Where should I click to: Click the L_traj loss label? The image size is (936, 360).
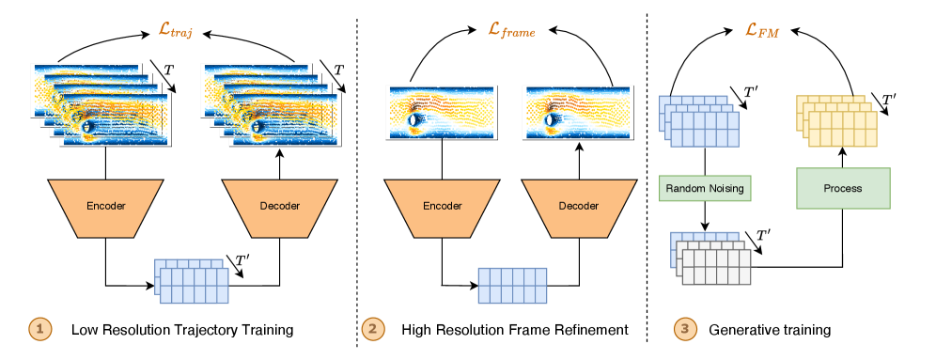coord(176,30)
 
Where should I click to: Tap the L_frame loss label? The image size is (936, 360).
coord(512,30)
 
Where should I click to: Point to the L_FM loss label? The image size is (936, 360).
coord(763,30)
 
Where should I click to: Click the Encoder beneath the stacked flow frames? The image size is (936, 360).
coord(105,206)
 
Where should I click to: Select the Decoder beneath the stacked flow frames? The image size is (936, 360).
coord(278,206)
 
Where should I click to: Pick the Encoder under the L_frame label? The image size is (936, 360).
coord(443,206)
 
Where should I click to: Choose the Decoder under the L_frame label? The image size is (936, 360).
coord(578,206)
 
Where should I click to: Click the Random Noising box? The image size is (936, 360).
coord(705,188)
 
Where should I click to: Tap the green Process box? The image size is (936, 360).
coord(842,188)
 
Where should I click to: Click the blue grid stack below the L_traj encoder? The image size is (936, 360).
coord(192,281)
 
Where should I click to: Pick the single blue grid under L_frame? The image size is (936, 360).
coord(512,285)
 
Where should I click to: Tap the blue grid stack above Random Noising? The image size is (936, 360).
coord(700,119)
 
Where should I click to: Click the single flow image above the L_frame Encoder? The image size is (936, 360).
coord(442,113)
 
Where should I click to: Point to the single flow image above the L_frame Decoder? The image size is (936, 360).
coord(578,113)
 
